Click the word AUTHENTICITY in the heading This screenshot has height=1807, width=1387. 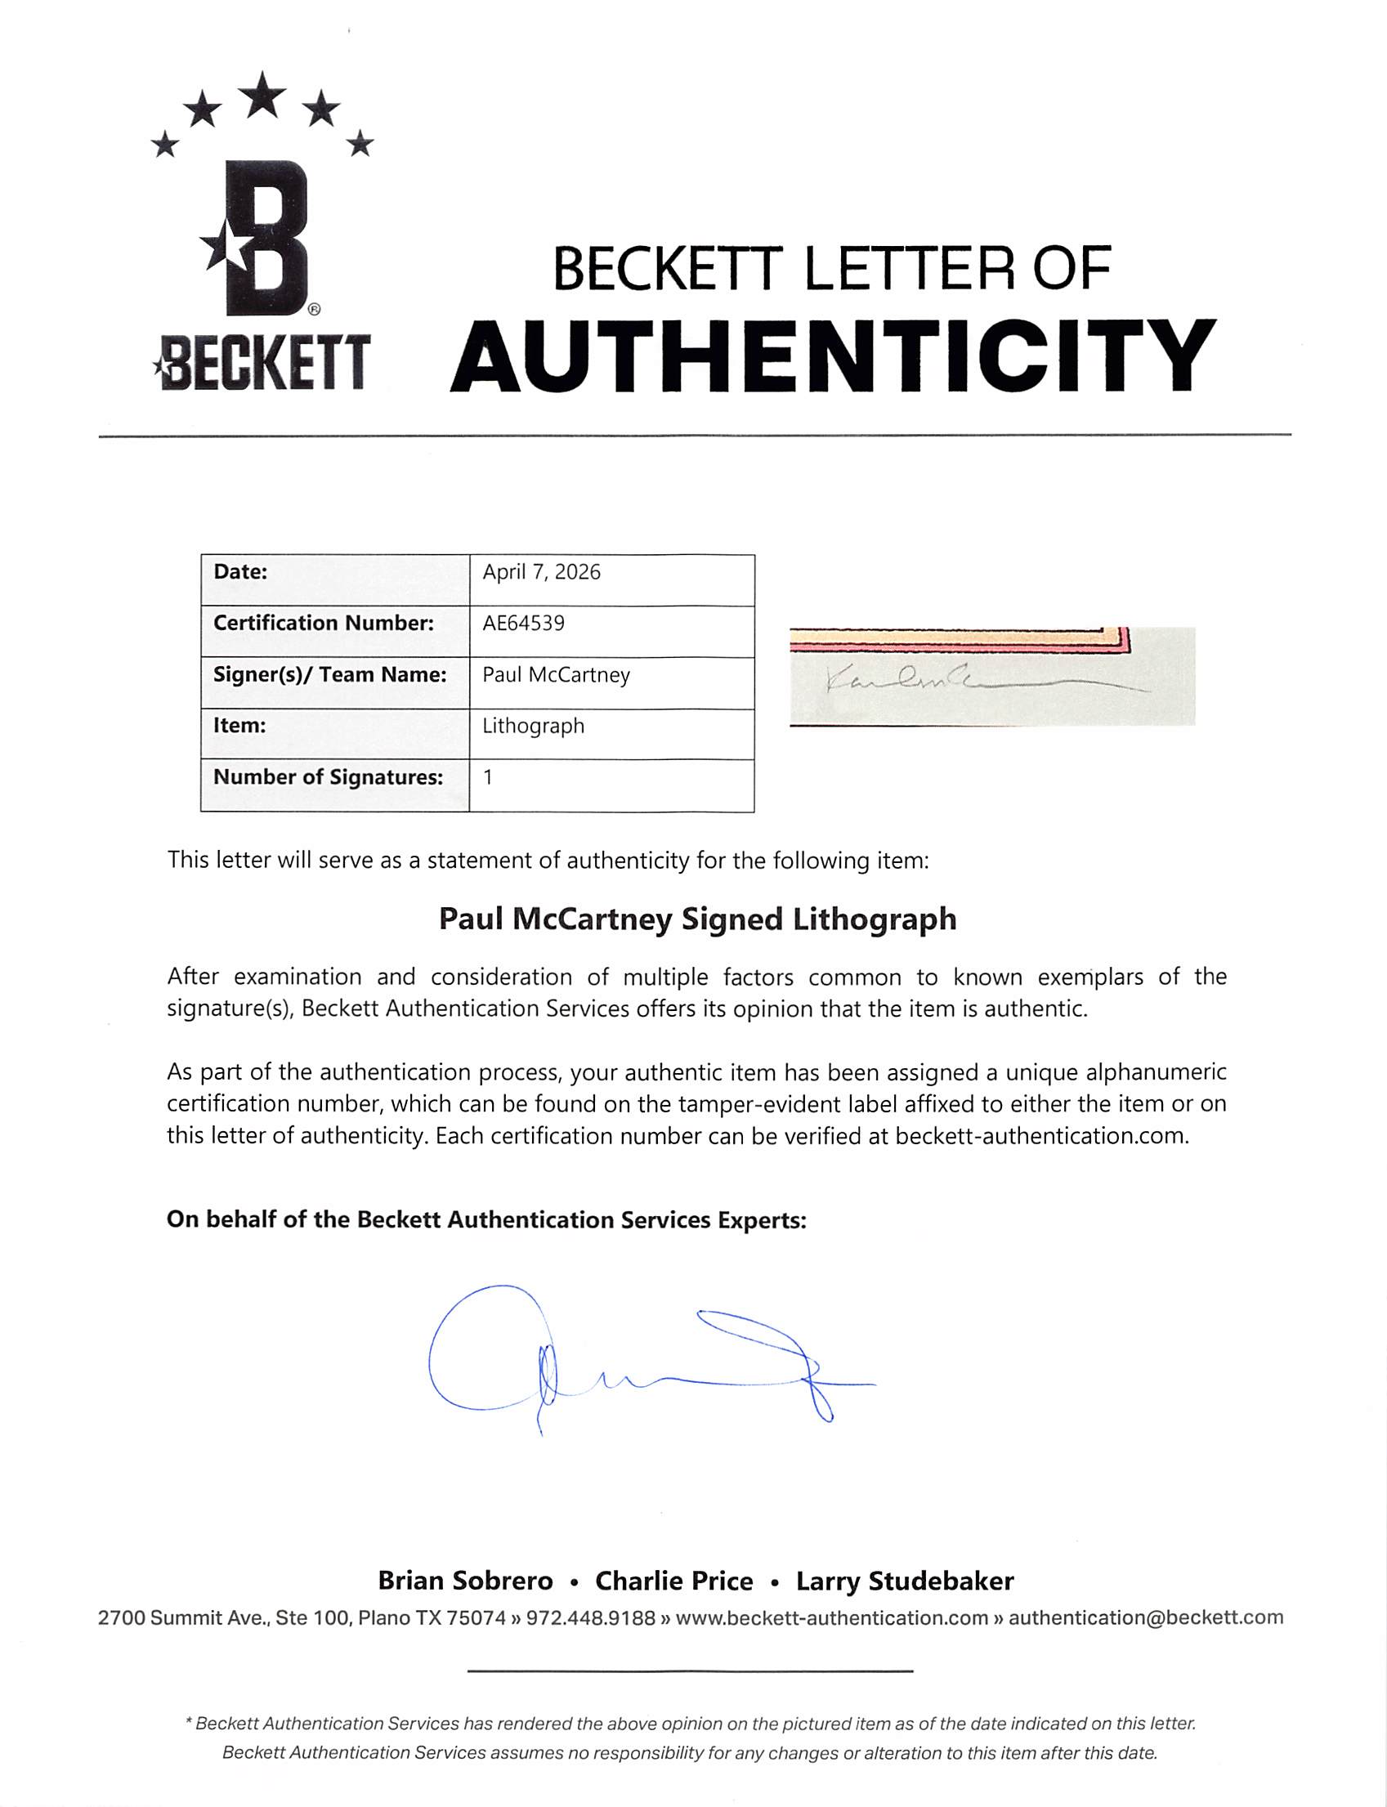pos(832,356)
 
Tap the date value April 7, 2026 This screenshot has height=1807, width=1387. pos(542,572)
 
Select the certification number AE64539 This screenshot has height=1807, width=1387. pos(523,624)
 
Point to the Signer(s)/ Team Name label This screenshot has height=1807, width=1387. pos(329,675)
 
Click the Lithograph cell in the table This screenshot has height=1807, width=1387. pos(534,727)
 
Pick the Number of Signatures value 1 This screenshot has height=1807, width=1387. pos(488,777)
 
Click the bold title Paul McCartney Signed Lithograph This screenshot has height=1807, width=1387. pos(697,919)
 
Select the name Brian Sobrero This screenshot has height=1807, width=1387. pos(465,1581)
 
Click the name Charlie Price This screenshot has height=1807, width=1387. pos(673,1581)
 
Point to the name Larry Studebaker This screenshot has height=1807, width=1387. pos(904,1581)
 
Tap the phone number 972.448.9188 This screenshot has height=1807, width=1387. pos(590,1618)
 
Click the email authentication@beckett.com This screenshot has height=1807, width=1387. pos(1145,1618)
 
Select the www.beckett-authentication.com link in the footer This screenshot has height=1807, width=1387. pos(831,1618)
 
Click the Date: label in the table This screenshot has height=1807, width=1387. pos(240,572)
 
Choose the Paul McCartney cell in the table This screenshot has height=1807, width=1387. pos(556,675)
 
